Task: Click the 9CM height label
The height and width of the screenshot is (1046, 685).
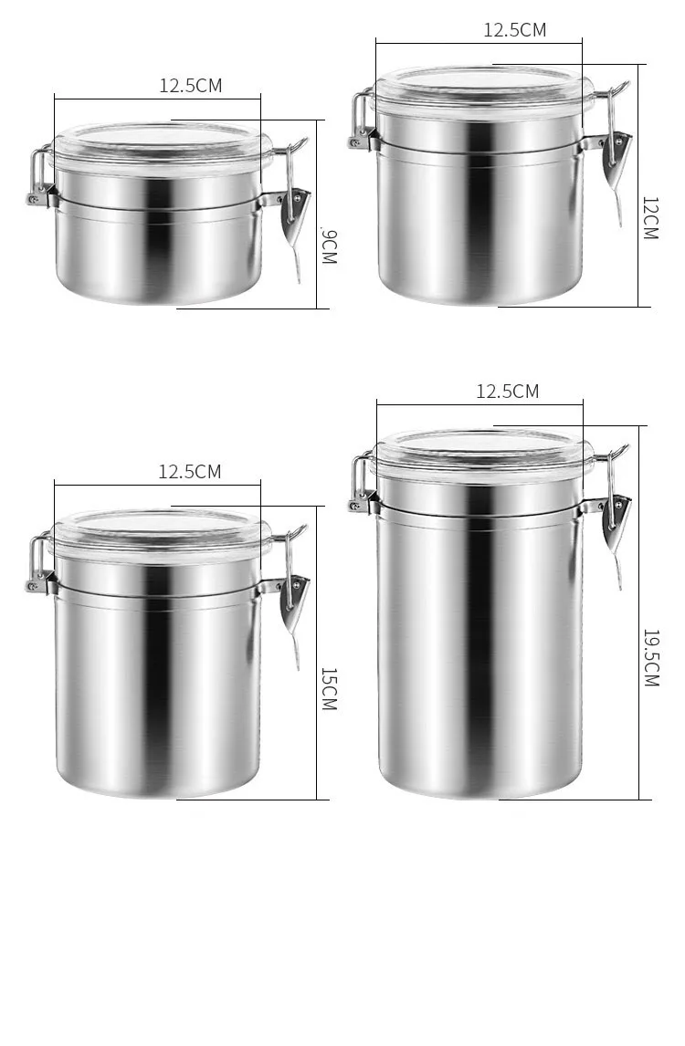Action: click(x=329, y=246)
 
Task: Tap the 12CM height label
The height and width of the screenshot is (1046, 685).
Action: click(x=649, y=217)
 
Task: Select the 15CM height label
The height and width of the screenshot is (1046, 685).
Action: click(x=329, y=689)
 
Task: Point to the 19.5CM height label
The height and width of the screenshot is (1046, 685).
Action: click(x=650, y=657)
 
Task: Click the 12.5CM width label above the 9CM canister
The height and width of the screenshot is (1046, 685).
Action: click(x=191, y=86)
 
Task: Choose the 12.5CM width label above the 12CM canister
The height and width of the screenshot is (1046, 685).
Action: click(x=515, y=29)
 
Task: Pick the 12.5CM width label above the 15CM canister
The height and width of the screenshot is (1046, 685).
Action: click(x=190, y=472)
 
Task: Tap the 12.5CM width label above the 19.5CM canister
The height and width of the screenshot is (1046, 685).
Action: click(x=508, y=392)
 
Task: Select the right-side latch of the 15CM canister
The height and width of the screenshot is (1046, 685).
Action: click(x=294, y=598)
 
